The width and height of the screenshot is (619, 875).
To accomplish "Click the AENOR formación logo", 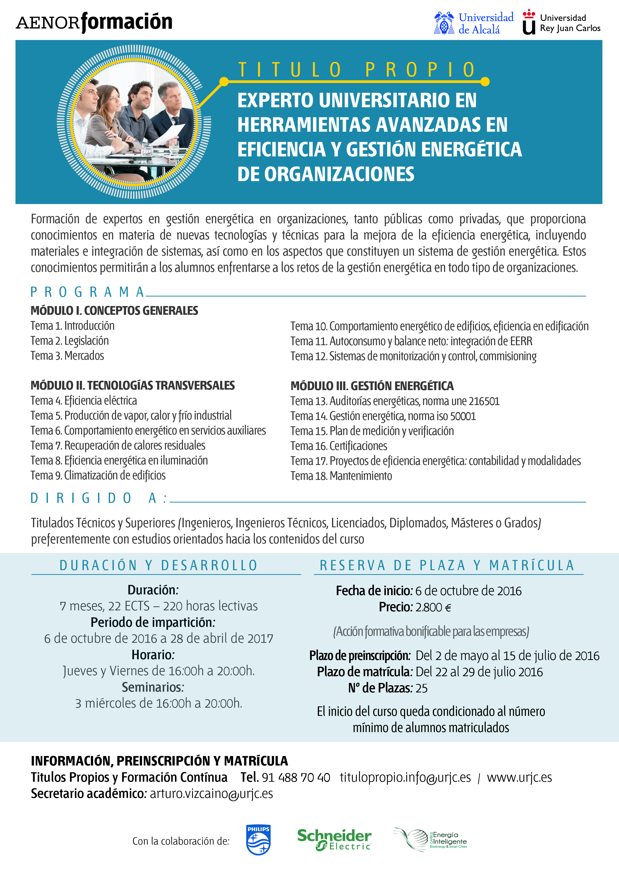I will click(94, 22).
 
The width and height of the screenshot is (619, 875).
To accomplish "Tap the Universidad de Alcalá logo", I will click(474, 23).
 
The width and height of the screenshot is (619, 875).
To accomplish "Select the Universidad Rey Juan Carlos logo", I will click(561, 22).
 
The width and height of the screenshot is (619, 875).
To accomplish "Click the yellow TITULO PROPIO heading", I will click(357, 70).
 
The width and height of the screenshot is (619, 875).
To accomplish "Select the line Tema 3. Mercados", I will click(67, 356).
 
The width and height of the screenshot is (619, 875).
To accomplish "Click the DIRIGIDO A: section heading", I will click(99, 498).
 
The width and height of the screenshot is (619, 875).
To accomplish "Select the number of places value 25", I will click(421, 688).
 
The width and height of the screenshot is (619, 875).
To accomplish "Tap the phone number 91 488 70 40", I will click(296, 777).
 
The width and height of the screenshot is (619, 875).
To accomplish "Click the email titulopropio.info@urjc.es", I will click(405, 777).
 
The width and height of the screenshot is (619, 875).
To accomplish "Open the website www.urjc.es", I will click(519, 777).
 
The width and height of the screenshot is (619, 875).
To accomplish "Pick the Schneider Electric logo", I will click(334, 840).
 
